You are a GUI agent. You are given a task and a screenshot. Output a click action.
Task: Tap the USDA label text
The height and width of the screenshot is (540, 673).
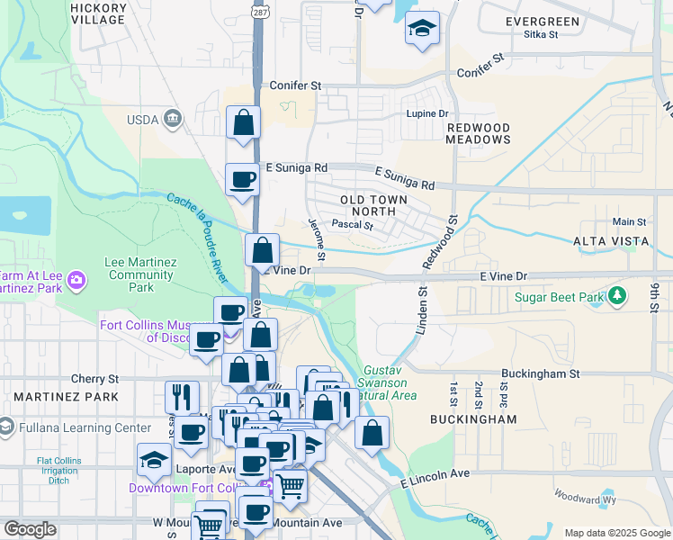[142, 119]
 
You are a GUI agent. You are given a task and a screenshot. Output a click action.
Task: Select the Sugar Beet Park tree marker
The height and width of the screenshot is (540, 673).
[617, 295]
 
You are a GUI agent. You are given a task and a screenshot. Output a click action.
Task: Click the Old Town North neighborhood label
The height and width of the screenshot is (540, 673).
[373, 205]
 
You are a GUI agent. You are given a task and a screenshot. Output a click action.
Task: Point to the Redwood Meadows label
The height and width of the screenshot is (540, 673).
[479, 134]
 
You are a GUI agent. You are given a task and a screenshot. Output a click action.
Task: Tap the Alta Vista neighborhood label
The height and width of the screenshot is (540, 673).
[611, 241]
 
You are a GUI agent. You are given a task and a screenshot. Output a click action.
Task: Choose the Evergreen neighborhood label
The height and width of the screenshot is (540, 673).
[542, 22]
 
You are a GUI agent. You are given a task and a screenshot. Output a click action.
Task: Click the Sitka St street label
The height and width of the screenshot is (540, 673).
[541, 35]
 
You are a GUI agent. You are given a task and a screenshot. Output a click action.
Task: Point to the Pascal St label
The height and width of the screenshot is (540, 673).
[353, 225]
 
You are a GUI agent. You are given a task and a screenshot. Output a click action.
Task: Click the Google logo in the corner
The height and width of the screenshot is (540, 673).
[31, 529]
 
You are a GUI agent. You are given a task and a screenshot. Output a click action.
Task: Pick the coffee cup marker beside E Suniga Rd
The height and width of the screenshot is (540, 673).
[241, 180]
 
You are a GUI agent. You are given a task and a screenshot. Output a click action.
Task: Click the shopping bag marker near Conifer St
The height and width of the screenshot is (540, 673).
[243, 122]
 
